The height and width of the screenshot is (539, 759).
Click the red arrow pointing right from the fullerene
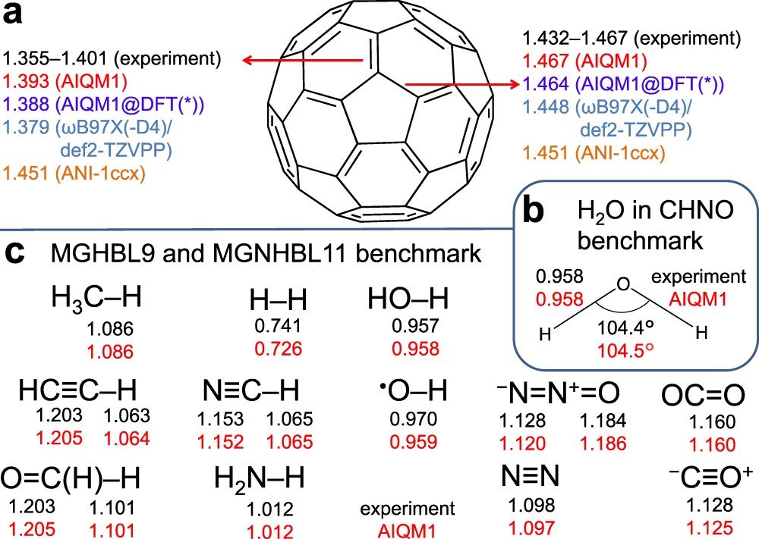pos(461,84)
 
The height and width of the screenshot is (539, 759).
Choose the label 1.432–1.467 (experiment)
pos(631,37)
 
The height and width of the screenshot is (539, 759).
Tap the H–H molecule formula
pos(278,302)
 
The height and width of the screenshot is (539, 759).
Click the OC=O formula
pos(702,394)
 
